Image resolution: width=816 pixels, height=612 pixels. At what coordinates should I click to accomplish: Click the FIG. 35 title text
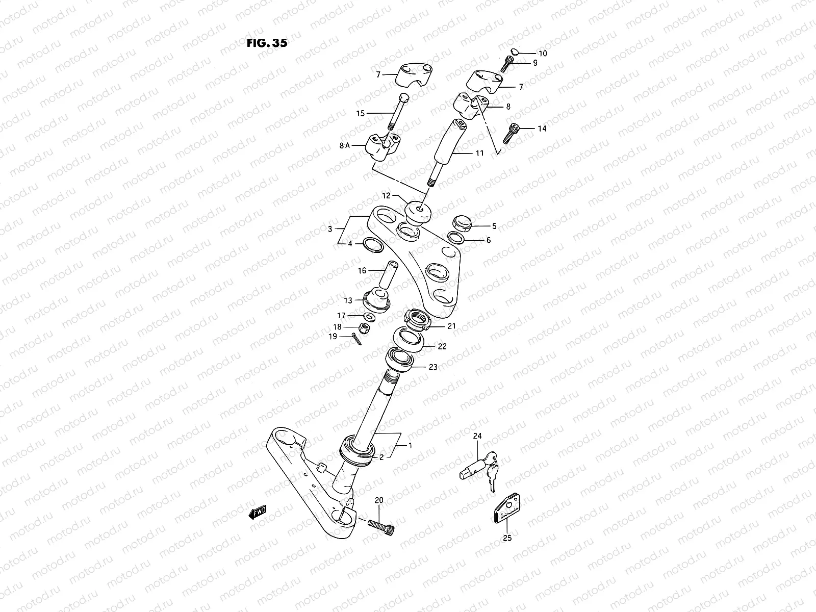pos(267,43)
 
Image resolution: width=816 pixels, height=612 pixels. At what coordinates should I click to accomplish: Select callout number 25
pos(507,537)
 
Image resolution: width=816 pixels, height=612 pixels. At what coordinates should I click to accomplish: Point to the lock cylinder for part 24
pos(471,469)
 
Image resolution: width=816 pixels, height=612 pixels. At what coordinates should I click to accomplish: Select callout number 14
pos(542,129)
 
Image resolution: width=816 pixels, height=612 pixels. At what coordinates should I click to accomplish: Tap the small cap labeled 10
pos(515,52)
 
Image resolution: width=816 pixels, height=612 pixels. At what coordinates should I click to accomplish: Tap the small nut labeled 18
pos(365,328)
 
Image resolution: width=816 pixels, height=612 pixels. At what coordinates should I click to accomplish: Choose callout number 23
pos(432,367)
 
